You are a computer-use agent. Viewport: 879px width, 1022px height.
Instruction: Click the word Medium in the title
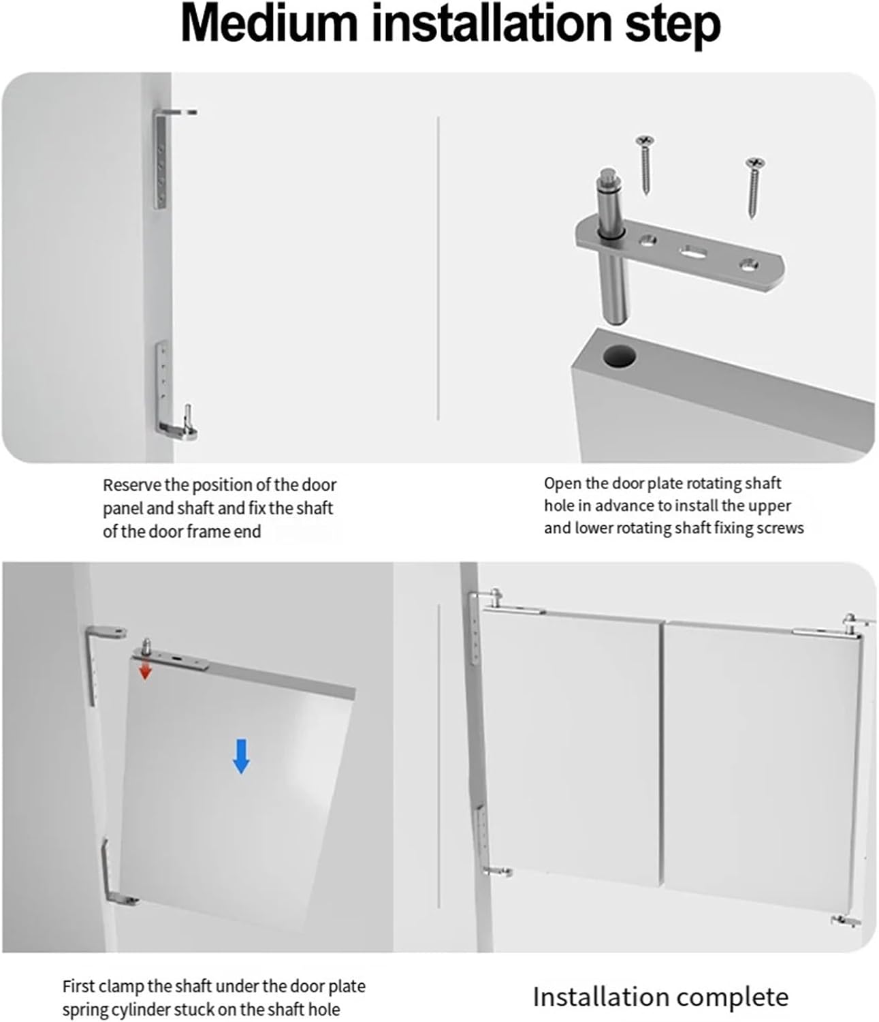pos(269,25)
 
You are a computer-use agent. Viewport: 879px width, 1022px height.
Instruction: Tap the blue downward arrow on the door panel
pos(241,756)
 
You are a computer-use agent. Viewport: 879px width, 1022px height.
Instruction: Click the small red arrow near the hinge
pos(144,671)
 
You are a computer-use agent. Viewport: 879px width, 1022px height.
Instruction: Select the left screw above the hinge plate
pos(645,164)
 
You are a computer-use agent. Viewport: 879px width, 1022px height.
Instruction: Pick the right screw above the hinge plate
pos(754,186)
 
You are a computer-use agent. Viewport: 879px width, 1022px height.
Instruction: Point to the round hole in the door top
pos(618,356)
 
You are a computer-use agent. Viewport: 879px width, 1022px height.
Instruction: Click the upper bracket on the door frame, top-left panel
pos(163,157)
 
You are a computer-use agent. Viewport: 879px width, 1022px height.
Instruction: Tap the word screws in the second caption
pos(782,528)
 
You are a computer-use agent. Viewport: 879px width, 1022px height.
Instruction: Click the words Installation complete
pos(660,997)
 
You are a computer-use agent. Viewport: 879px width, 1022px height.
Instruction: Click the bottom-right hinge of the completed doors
pos(845,921)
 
